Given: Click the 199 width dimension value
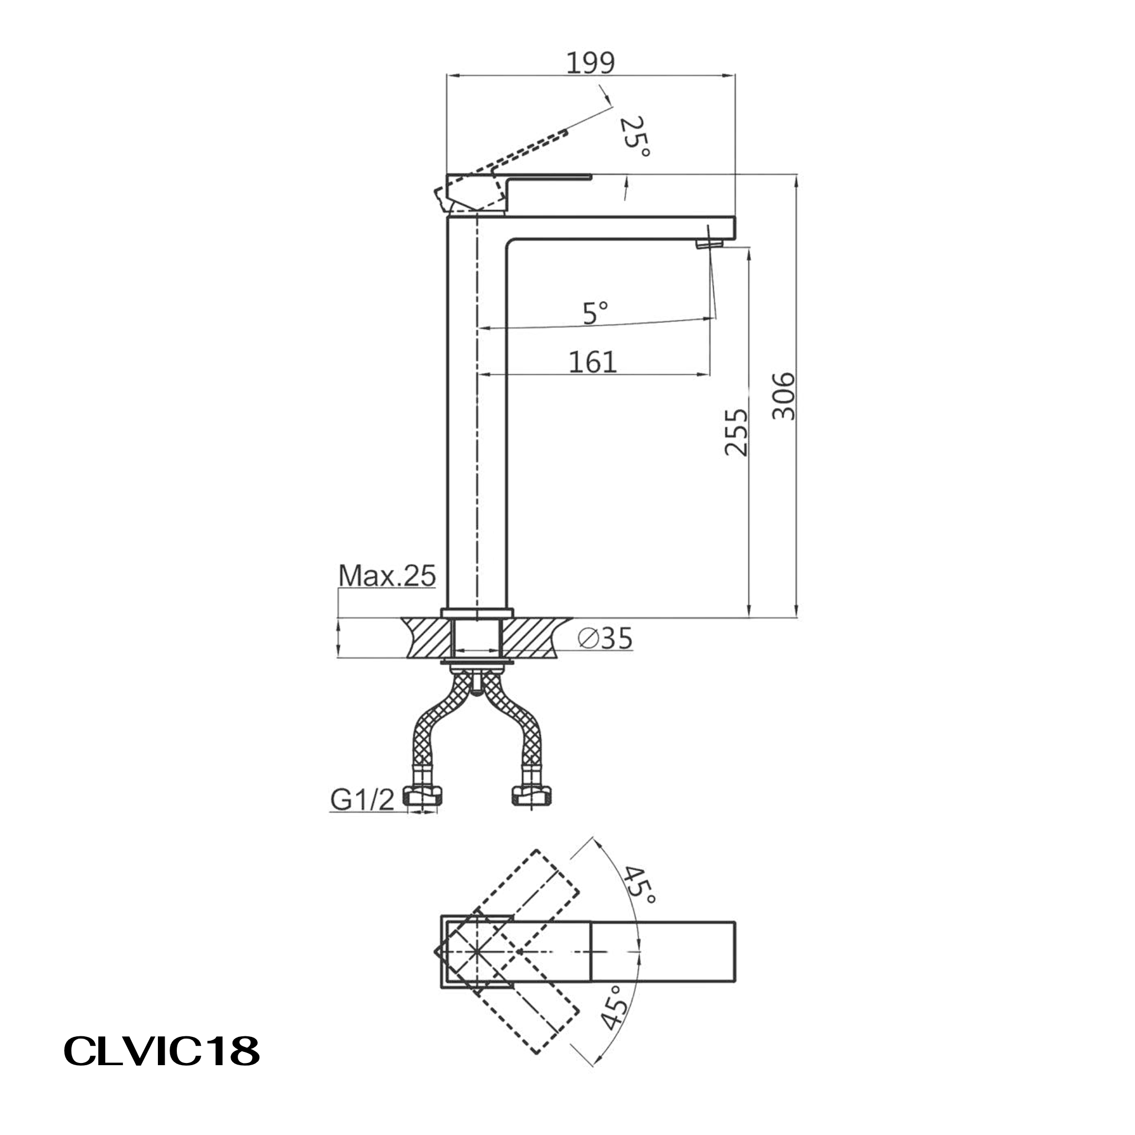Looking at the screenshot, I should (x=590, y=63).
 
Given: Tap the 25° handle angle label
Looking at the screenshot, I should (x=635, y=136).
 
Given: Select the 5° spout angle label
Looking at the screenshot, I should (x=595, y=313).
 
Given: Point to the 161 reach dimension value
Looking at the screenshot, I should (x=593, y=362).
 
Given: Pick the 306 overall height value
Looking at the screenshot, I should (x=784, y=396).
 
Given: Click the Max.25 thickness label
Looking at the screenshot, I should (x=387, y=576).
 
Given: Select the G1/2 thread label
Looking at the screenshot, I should (x=362, y=799).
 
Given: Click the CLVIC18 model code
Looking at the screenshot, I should (x=161, y=1050).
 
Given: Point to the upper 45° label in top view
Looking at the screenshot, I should (x=638, y=884).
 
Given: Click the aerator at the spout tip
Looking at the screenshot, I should (x=709, y=243).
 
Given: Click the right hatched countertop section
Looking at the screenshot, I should (x=527, y=638).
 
